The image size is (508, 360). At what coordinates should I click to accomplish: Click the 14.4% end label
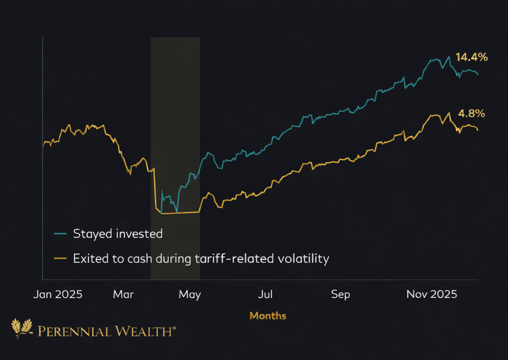[x=472, y=58]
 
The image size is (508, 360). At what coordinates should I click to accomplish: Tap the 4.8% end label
[x=472, y=114]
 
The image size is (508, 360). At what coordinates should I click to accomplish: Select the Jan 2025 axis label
[x=58, y=294]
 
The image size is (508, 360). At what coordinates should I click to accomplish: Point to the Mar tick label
[x=123, y=294]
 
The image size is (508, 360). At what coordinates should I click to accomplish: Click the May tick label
[x=190, y=294]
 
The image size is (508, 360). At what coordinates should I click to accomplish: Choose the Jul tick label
[x=265, y=294]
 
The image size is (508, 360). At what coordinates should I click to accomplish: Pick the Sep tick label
[x=340, y=294]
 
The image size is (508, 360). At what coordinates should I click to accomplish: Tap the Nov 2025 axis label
[x=432, y=294]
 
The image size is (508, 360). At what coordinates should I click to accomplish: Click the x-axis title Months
[x=268, y=316]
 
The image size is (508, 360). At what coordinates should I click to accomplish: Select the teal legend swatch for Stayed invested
[x=60, y=234]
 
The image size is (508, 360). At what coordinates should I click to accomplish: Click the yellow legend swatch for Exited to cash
[x=60, y=259]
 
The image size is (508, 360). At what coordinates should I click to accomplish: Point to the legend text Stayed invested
[x=117, y=234]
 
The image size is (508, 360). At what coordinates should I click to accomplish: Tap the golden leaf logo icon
[x=22, y=328]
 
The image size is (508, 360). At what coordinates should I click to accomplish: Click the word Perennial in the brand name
[x=71, y=332]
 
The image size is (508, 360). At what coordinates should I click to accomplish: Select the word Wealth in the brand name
[x=140, y=332]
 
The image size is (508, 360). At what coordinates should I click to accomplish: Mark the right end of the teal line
[x=478, y=74]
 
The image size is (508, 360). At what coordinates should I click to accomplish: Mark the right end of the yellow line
[x=478, y=130]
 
